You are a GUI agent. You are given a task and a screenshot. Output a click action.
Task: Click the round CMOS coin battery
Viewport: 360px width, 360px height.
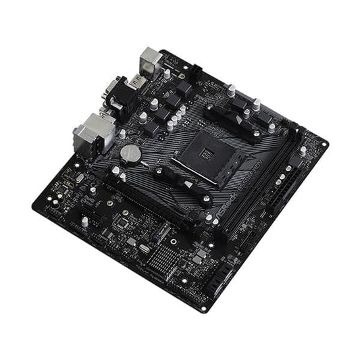click(130, 154)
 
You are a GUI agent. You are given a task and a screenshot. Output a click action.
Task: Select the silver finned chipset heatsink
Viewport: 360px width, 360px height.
click(161, 258)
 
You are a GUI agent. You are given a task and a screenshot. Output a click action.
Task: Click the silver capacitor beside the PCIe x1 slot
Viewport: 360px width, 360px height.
click(84, 220)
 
